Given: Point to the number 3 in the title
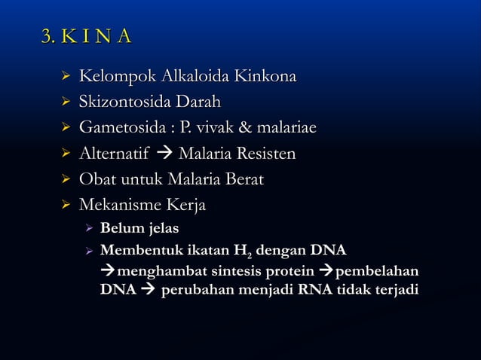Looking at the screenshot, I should point(47,35).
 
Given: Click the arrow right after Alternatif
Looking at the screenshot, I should point(161,155).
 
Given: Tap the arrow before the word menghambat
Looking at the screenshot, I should point(107,270).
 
